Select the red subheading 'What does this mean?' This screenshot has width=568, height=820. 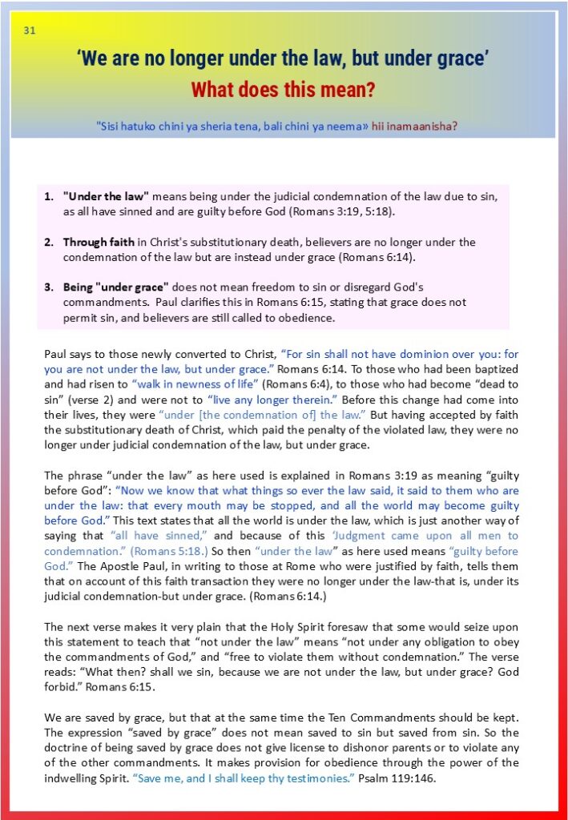pos(283,89)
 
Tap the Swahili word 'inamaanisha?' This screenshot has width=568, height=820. pos(429,126)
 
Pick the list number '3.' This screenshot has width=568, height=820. pos(49,287)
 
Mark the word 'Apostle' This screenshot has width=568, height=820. pos(112,566)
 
